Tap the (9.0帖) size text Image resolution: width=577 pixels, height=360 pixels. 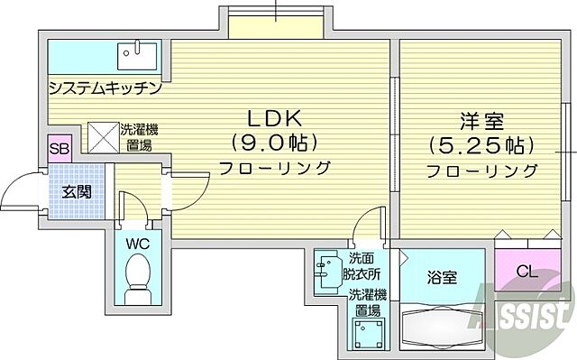[270, 142]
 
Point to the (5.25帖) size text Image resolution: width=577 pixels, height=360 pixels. [481, 144]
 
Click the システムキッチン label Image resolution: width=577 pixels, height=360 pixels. [105, 88]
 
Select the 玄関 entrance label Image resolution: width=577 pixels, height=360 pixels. [76, 191]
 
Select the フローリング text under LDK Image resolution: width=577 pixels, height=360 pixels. [275, 167]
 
